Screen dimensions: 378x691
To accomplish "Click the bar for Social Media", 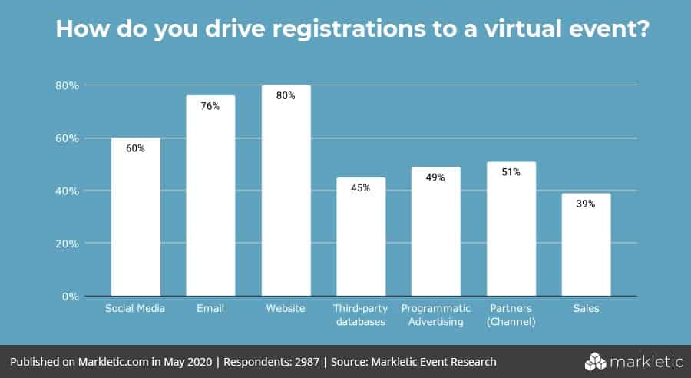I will (136, 217).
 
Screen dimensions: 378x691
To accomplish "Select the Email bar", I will (211, 196).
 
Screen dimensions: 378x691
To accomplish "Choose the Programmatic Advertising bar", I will (436, 231).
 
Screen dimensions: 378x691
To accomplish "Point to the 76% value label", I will (211, 106).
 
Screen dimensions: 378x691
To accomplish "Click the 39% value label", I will (587, 204).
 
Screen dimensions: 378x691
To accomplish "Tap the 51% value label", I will (511, 172).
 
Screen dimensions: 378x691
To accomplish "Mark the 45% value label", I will (361, 188).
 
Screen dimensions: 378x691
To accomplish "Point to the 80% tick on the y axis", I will (67, 85).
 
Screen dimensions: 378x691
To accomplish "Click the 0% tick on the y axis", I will (70, 296).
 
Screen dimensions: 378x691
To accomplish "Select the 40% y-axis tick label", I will (67, 191).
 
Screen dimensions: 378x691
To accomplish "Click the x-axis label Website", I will (286, 309).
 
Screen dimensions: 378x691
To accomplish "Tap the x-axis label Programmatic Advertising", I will (436, 315).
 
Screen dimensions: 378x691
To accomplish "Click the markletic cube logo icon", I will (596, 361).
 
